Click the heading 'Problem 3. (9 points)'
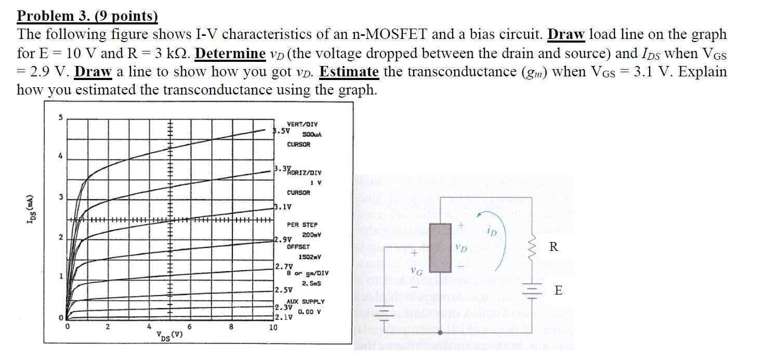pos(87,16)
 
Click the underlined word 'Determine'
pos(230,53)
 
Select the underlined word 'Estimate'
pos(349,71)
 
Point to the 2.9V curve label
pos(283,240)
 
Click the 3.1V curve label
pos(283,207)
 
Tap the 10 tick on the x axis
pos(273,327)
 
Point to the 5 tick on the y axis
pos(59,117)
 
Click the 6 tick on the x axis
pos(190,327)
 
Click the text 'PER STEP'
pos(302,224)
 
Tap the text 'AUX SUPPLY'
pos(306,301)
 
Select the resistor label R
pos(554,247)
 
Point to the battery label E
pos(558,290)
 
